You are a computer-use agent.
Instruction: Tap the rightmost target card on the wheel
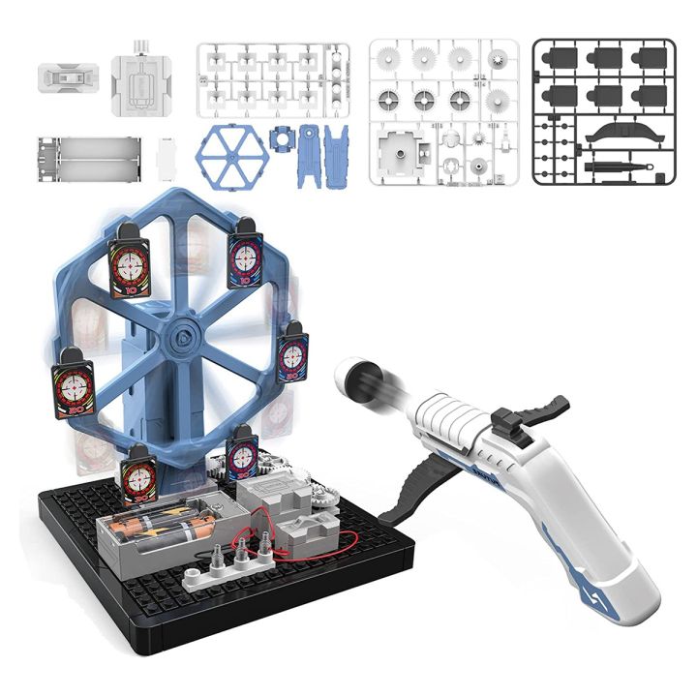click(292, 351)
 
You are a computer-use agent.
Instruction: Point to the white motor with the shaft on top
click(140, 77)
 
